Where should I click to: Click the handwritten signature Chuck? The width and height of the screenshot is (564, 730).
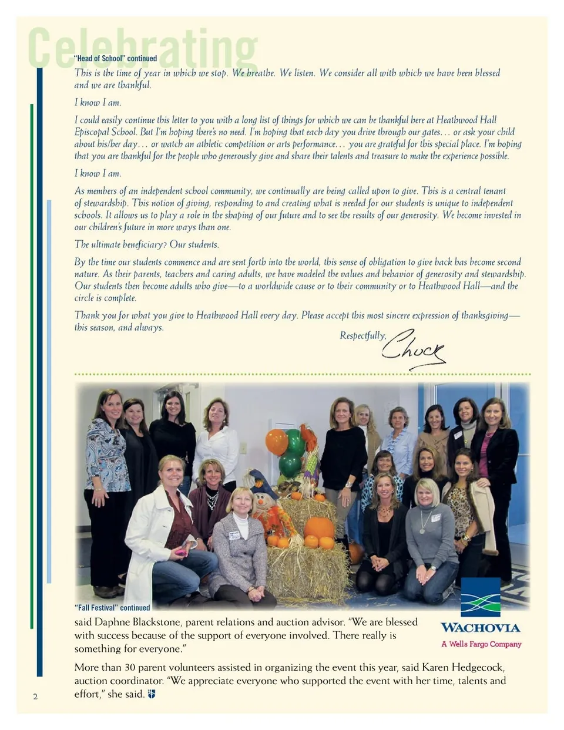(412, 350)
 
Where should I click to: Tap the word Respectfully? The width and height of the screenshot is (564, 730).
(362, 336)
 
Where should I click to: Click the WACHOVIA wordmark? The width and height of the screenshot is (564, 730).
(481, 628)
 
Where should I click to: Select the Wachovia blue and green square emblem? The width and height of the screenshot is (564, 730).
(481, 597)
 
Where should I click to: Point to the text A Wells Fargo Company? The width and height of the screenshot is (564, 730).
(481, 644)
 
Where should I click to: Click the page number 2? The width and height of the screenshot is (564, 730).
(35, 697)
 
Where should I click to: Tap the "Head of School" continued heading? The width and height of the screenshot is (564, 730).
(116, 59)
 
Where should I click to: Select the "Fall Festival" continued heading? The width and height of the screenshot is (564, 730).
(112, 608)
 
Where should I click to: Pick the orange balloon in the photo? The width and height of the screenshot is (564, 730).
(276, 442)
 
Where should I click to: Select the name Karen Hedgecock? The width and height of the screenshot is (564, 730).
(463, 668)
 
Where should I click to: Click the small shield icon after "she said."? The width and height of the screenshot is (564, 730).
(152, 694)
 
